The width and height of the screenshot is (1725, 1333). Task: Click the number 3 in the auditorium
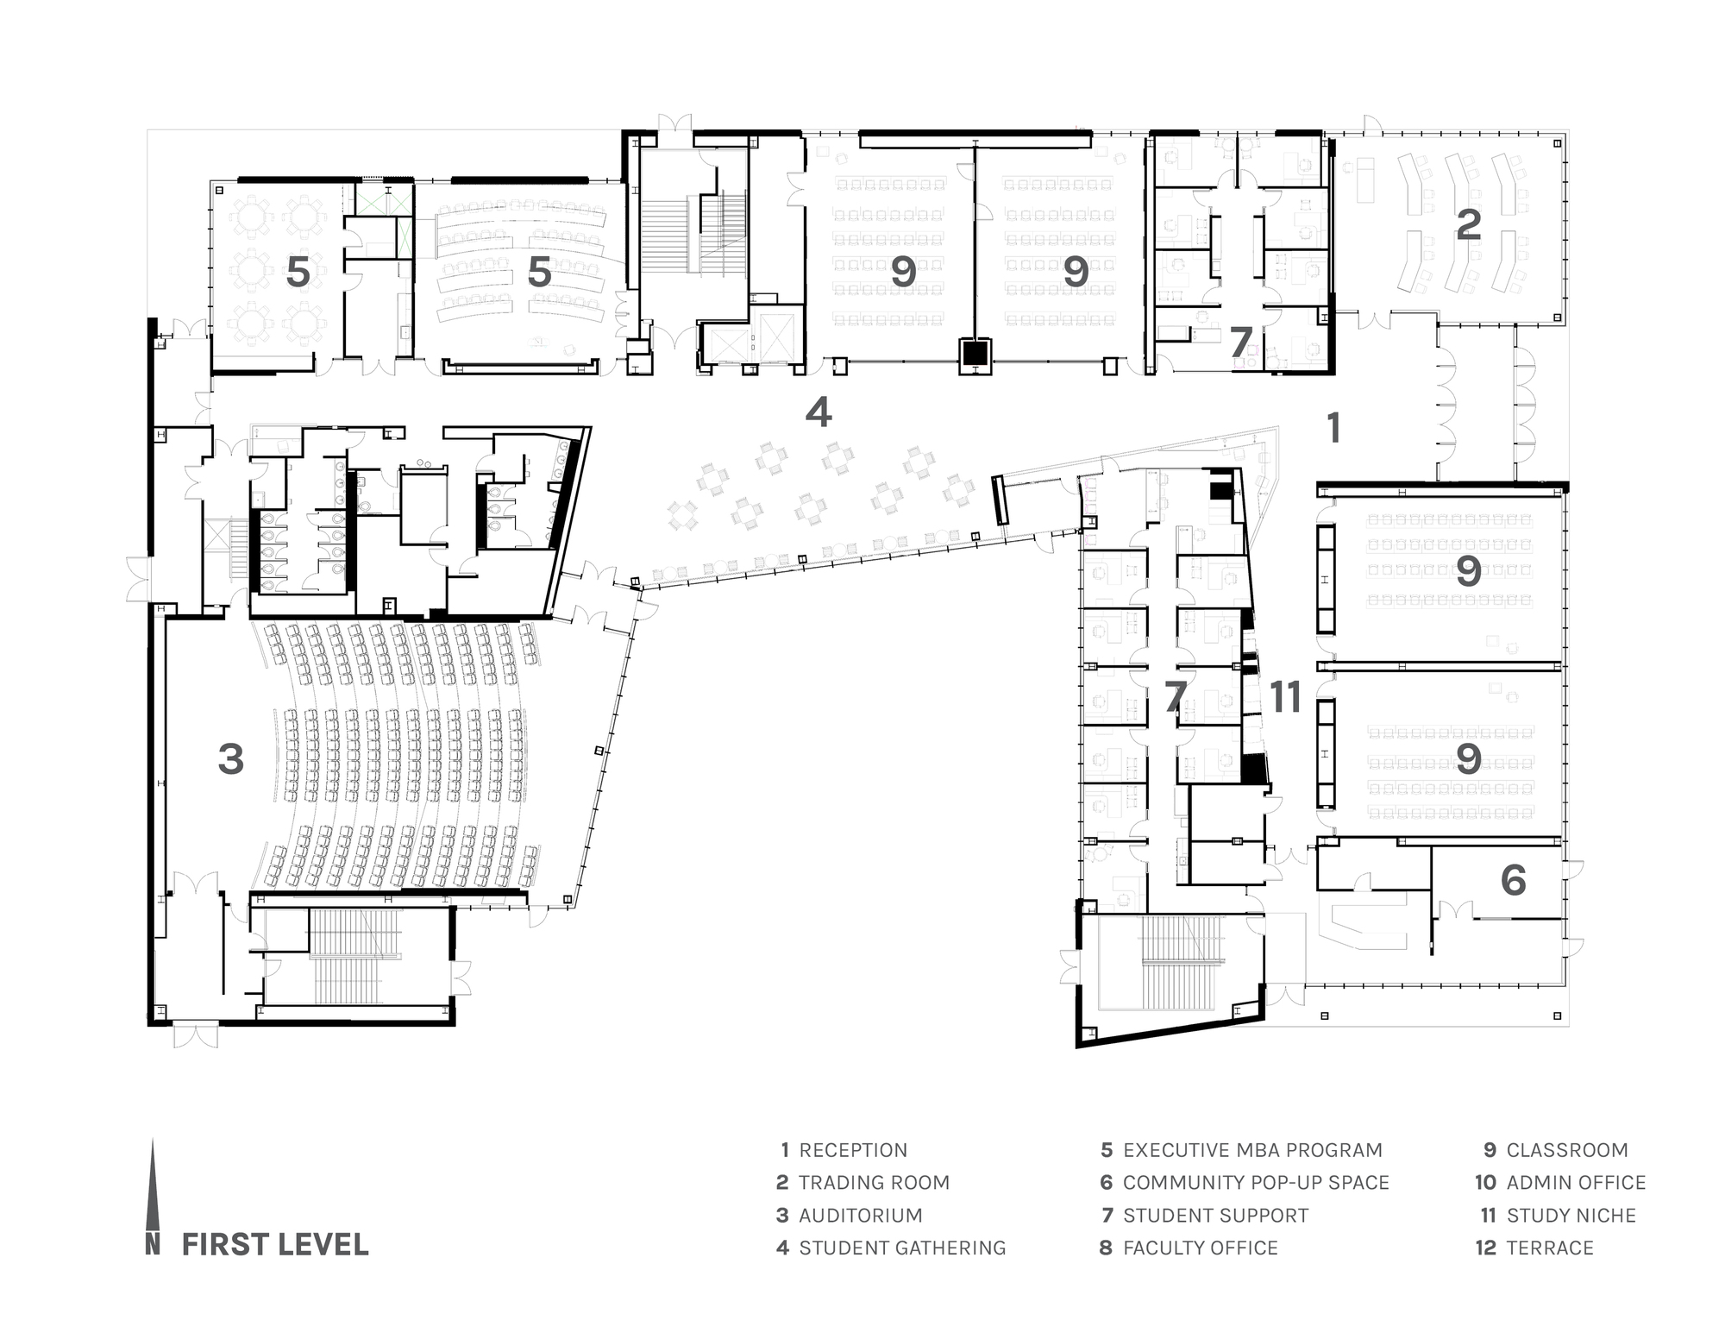230,759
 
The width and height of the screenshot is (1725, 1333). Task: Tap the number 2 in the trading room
1468,224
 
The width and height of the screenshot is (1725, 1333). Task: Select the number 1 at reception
1333,428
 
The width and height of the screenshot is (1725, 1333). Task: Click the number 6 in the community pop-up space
1514,880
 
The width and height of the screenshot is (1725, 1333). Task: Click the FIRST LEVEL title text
275,1244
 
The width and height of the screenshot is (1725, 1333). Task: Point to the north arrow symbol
153,1195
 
